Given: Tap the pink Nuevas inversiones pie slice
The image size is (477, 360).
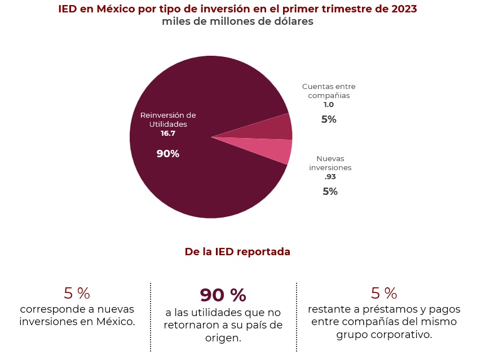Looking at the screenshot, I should [x=279, y=150].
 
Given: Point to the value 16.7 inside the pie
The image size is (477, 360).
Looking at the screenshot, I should [x=168, y=134].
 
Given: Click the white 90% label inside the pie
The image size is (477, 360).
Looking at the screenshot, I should [x=168, y=154].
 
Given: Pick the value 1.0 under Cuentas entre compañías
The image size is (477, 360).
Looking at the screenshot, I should [x=329, y=105].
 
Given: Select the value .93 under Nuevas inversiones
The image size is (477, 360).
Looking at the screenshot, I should [x=330, y=177].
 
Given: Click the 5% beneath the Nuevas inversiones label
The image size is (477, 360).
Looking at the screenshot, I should [x=330, y=192].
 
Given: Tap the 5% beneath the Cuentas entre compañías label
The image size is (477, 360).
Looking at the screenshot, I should [x=329, y=119].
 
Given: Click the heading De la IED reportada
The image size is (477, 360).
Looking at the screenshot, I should [x=237, y=252].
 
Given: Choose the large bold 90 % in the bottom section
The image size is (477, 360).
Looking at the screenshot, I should [x=223, y=295].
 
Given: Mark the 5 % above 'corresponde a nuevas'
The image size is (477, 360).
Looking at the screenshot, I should [x=77, y=294].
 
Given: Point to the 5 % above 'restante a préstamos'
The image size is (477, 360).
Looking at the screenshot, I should [x=384, y=294].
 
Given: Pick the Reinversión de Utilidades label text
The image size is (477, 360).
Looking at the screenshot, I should [x=168, y=119].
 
